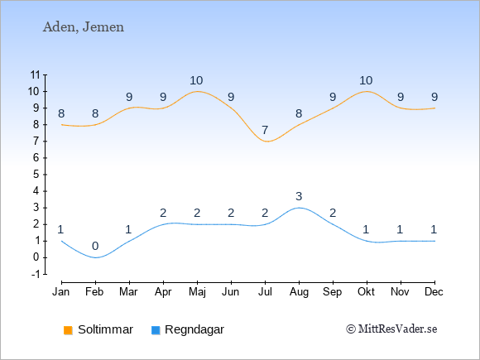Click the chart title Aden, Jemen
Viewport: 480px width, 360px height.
84,27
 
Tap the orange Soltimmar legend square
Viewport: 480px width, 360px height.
68,330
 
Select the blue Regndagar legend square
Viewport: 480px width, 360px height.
156,330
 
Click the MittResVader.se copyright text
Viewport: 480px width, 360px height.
391,329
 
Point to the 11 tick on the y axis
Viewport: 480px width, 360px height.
36,74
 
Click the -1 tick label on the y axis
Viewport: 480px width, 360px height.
36,274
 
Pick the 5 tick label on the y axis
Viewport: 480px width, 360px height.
36,175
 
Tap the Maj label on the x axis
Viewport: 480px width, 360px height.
197,292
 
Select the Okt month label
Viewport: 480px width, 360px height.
366,292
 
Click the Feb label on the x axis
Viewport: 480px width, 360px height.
94,292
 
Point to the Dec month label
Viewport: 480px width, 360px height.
434,292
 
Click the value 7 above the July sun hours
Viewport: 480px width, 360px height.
265,130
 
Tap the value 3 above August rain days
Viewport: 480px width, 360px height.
299,196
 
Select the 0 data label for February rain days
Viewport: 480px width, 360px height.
95,246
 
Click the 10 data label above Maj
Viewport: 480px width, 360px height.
196,80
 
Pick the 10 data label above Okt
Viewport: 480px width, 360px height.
366,80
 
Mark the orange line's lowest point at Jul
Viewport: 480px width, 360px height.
266,142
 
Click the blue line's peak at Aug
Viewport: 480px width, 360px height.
299,208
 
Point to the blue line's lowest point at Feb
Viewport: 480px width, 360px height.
95,257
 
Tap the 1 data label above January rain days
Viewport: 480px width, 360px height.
60,229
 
